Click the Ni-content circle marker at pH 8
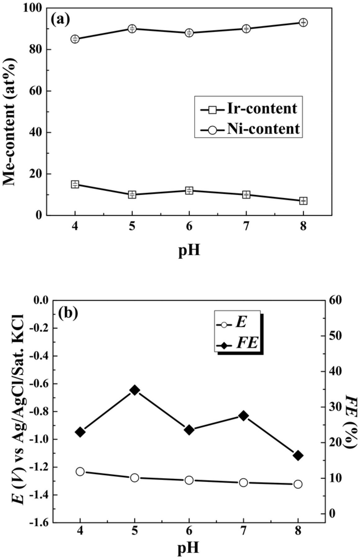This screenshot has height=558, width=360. click(x=303, y=22)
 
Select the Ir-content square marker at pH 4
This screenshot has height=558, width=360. click(x=75, y=184)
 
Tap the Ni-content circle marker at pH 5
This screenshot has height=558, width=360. click(x=132, y=29)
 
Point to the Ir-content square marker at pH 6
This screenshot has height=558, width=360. click(x=189, y=190)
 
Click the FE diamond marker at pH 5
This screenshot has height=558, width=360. click(x=135, y=390)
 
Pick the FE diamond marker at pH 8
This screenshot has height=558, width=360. click(x=298, y=455)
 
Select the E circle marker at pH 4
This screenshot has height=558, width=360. click(x=80, y=472)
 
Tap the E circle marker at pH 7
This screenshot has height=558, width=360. click(x=243, y=482)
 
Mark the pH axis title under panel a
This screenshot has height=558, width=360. click(x=189, y=250)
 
